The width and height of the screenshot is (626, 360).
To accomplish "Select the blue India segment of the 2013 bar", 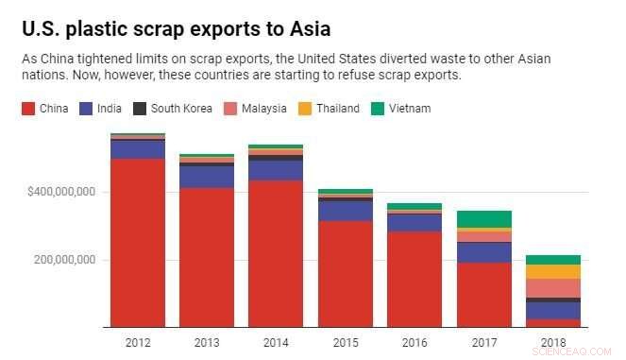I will pos(207,177).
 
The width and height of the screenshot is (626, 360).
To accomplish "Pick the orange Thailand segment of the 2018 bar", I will pos(552,271).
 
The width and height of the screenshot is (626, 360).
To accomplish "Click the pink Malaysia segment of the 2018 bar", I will pos(552,287).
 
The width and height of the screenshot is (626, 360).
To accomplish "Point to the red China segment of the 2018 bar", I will pos(552,323).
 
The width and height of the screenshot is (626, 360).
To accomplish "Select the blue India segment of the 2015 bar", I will pos(346,211).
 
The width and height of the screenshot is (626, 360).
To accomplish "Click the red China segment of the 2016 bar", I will pos(415,280).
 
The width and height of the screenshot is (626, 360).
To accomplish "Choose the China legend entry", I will pos(43,109).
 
